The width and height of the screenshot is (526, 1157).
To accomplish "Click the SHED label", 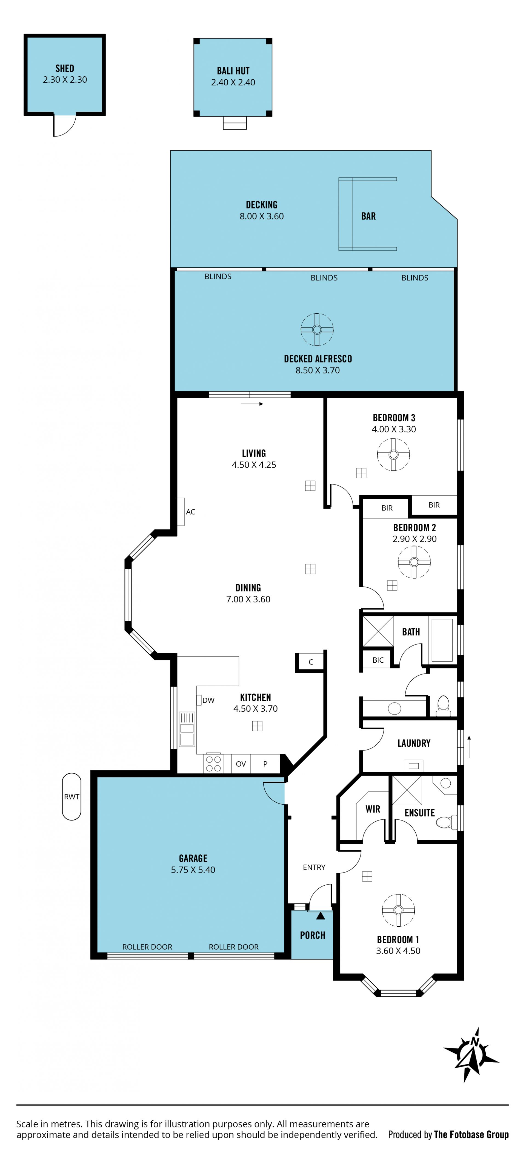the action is (x=65, y=68).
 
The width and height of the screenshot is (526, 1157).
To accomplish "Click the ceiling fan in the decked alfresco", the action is (x=317, y=330).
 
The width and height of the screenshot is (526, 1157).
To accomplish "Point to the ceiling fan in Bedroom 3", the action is (x=393, y=454).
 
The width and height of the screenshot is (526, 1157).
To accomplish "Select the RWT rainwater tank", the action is (x=72, y=796).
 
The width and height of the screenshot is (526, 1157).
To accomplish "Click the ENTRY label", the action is (x=314, y=867).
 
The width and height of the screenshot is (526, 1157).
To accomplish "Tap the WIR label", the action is (x=373, y=809).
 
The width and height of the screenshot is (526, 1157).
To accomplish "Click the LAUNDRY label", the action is (x=414, y=743).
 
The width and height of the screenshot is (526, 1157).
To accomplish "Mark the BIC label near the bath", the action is (x=378, y=660).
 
